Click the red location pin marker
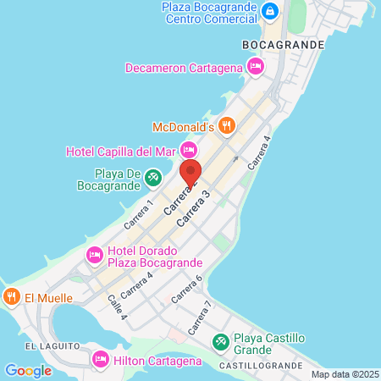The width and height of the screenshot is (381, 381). click(x=190, y=172)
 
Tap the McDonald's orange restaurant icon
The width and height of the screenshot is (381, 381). click(x=226, y=127)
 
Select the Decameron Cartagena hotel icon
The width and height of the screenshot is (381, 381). click(x=254, y=67)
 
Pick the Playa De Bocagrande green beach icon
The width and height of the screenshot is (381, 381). click(x=152, y=177)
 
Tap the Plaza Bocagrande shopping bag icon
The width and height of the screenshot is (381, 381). click(x=270, y=11)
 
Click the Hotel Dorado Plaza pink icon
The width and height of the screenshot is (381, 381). click(x=94, y=253)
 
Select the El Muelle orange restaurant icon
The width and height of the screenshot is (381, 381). click(x=11, y=297)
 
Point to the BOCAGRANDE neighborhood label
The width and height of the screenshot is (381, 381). click(x=283, y=44)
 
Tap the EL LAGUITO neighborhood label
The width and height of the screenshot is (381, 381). click(x=52, y=346)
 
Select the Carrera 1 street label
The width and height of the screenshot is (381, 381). click(x=140, y=214)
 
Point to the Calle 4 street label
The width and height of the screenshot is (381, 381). click(x=116, y=306)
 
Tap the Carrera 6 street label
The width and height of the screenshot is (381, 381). click(x=188, y=290)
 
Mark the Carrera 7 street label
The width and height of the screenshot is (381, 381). click(x=199, y=314)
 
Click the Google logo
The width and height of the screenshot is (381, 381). click(x=28, y=370)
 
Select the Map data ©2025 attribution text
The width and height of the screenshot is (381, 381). click(x=344, y=374)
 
